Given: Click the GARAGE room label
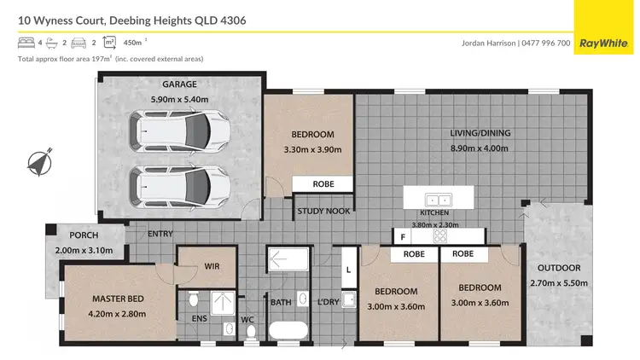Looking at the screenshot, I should [x=180, y=84].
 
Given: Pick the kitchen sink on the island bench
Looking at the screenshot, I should [x=439, y=200].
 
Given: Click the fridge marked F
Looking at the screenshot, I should [x=402, y=236].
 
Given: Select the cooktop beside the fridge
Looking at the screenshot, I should [x=441, y=235].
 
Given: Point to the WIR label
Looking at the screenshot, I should [x=212, y=266].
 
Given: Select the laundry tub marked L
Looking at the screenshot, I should [x=346, y=270].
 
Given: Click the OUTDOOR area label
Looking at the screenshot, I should [x=561, y=267].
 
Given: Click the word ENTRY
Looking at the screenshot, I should [x=160, y=234].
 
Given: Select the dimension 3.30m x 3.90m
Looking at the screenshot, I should [x=312, y=149].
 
